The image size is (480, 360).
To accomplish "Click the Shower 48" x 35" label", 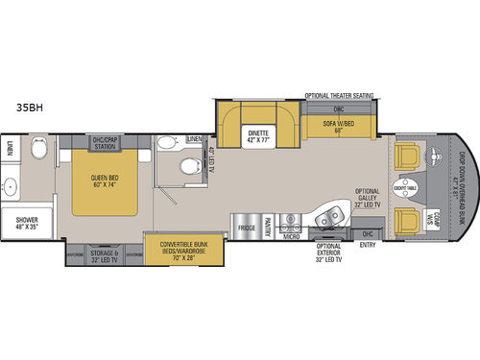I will (27, 224).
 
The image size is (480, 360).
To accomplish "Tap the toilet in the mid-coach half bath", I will (167, 147).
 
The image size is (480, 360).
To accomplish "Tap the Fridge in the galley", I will (247, 229).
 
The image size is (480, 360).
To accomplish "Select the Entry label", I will (367, 245).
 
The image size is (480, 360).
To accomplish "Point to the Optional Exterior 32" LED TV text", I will (331, 252).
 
